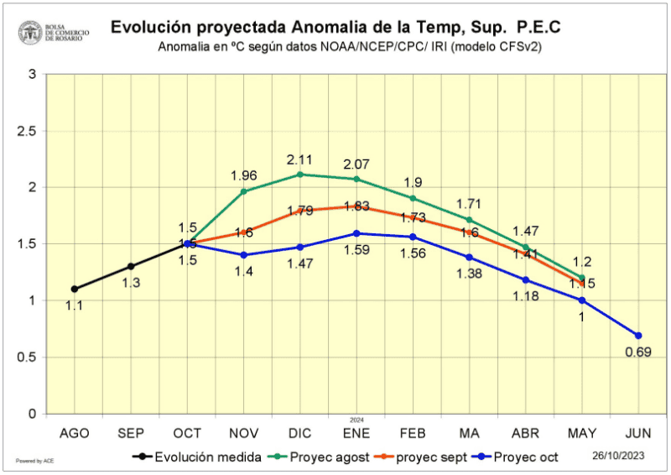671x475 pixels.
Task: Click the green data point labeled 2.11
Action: [300, 175]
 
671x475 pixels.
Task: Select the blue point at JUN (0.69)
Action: [637, 336]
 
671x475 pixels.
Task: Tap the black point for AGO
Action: [75, 289]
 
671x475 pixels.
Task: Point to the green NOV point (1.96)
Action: [244, 191]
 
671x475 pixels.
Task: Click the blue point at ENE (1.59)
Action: [356, 233]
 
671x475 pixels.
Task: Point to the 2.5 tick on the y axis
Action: [25, 131]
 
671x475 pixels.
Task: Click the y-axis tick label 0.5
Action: [25, 358]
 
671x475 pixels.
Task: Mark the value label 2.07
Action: [356, 164]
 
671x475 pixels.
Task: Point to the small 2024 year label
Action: [356, 420]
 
